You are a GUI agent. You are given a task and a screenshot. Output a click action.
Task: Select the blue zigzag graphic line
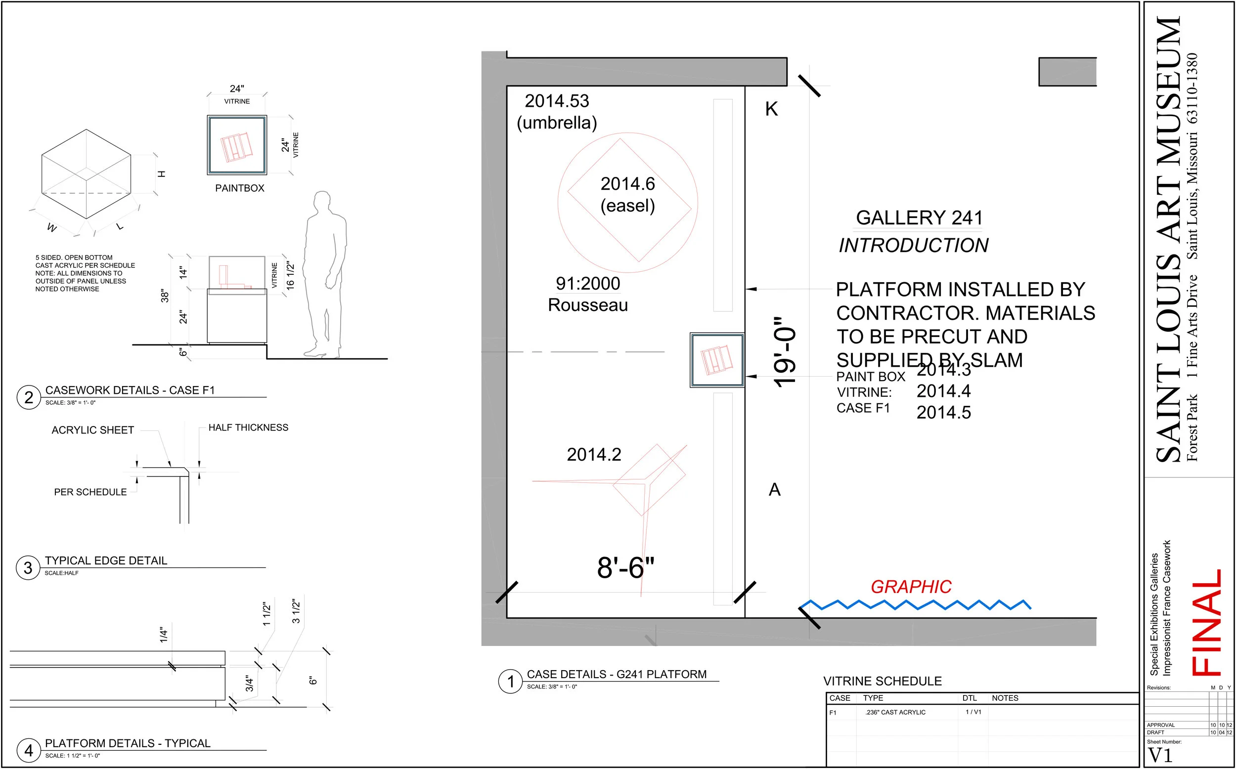click(915, 605)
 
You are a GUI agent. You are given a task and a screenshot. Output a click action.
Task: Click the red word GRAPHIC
click(911, 587)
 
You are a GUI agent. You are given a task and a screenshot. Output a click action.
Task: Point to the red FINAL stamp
click(1207, 623)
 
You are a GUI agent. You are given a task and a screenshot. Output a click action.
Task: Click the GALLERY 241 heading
click(919, 217)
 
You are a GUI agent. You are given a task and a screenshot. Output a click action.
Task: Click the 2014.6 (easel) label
click(628, 195)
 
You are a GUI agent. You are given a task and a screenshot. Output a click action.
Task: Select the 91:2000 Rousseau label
click(588, 295)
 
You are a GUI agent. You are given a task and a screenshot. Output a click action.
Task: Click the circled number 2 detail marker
click(29, 397)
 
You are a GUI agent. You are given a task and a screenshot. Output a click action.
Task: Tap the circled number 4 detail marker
click(29, 750)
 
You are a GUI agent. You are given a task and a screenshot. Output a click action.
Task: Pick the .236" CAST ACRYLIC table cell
click(895, 713)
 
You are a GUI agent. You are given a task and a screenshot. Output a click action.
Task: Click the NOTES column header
click(1005, 698)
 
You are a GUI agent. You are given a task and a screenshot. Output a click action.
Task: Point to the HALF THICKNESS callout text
click(248, 427)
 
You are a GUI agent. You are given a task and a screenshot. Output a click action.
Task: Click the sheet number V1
click(1160, 756)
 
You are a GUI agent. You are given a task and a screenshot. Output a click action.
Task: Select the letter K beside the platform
click(771, 109)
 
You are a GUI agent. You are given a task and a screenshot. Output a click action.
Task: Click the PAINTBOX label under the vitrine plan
click(240, 188)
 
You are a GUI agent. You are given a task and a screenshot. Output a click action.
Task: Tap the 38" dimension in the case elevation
click(165, 296)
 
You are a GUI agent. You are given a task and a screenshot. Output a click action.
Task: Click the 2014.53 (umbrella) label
click(557, 112)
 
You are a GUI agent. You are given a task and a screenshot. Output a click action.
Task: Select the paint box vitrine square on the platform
click(717, 360)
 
